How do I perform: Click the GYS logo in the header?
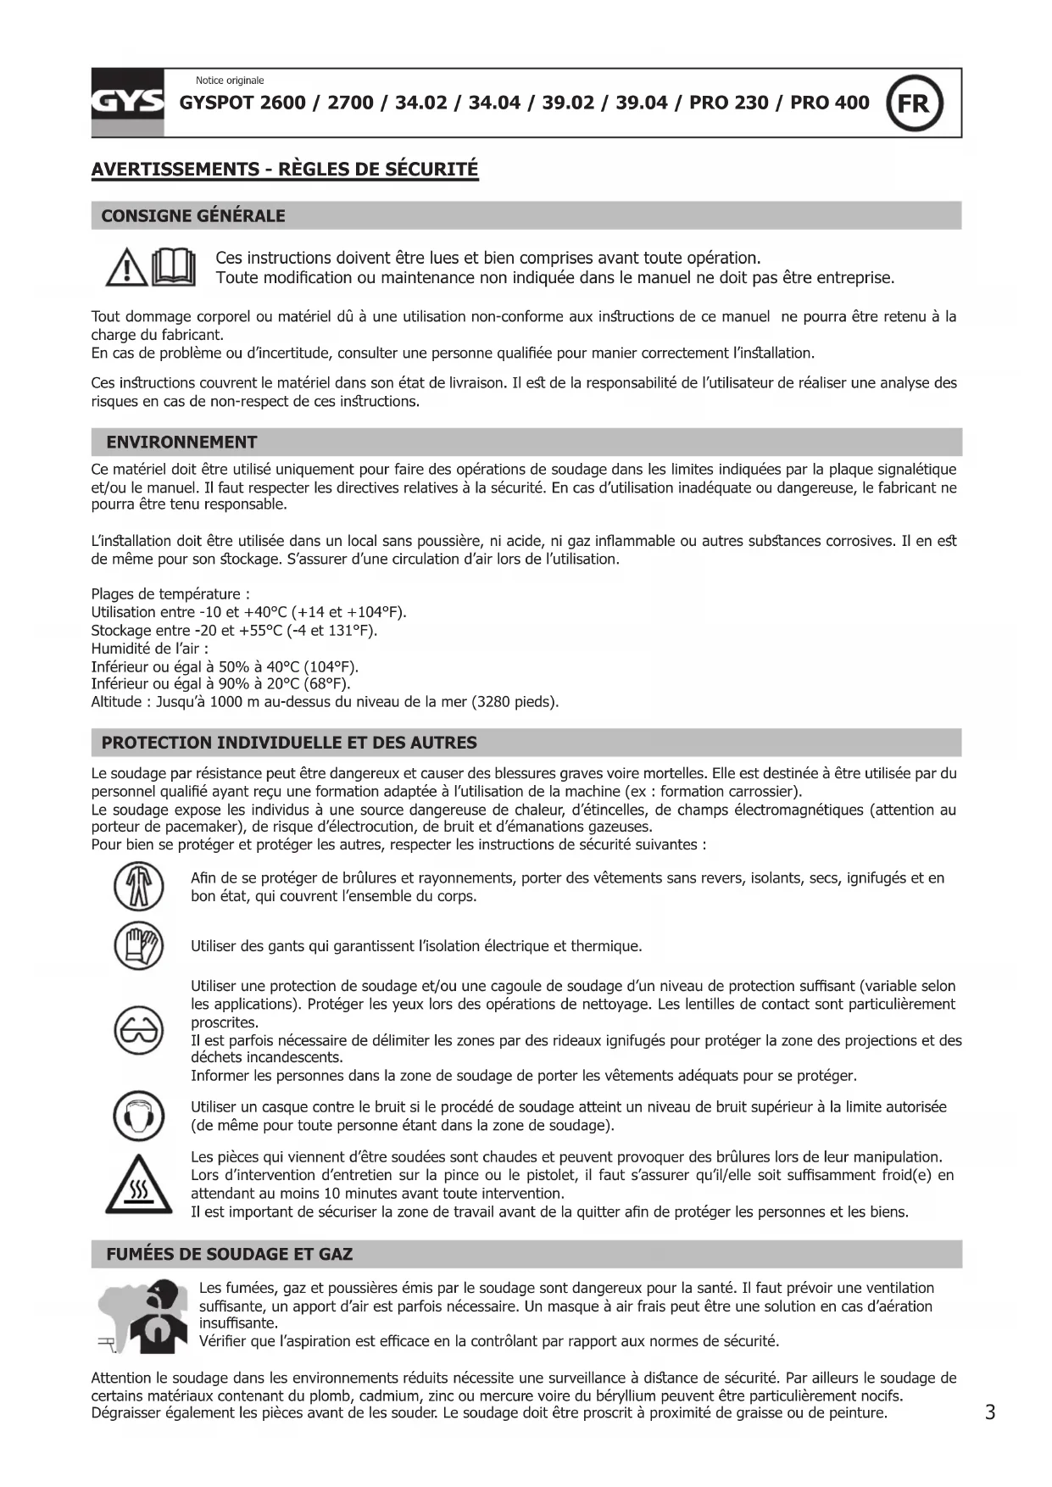point(127,103)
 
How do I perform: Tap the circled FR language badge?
point(914,103)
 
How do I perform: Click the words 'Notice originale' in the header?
point(230,81)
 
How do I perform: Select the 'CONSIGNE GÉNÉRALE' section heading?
point(193,215)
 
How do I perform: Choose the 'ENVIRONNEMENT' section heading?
point(181,442)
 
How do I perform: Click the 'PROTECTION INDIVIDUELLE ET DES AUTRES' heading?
point(289,743)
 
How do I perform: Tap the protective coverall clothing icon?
point(138,887)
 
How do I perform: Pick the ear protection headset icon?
point(138,1116)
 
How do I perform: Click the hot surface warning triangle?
point(138,1186)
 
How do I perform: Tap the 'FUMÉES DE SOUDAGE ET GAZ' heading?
point(229,1254)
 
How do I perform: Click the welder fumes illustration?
point(142,1317)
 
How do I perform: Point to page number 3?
point(990,1412)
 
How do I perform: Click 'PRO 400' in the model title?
point(829,103)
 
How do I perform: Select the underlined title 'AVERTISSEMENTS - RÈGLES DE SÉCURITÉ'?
point(285,169)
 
